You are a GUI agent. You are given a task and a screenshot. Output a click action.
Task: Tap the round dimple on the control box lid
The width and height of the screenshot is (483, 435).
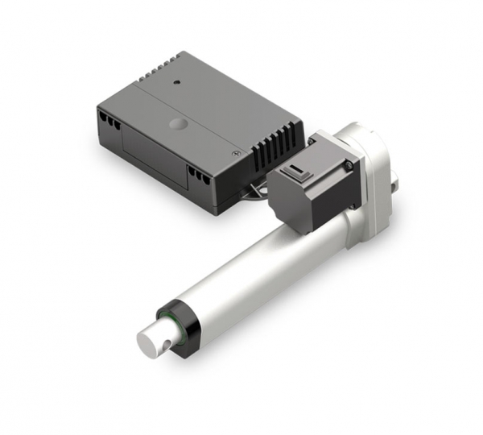point(175,125)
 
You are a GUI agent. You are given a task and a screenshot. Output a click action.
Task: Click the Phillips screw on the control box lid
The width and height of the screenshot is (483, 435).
point(236,152)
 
